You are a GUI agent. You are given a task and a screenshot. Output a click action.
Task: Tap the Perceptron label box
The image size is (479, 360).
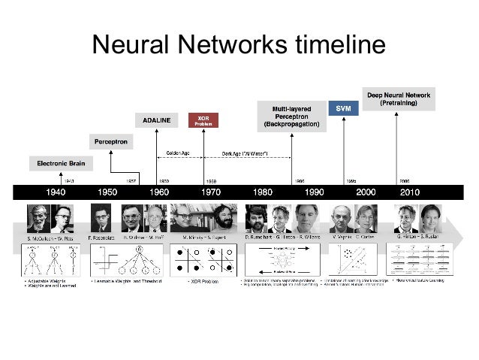click(110, 141)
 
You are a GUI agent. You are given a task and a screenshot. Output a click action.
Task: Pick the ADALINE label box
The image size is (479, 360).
click(156, 119)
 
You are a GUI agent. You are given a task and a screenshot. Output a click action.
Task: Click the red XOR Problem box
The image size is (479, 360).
click(203, 121)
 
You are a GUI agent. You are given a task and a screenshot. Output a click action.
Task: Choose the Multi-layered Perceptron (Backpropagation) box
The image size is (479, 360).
click(292, 116)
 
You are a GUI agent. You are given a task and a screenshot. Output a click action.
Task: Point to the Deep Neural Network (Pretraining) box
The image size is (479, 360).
click(399, 98)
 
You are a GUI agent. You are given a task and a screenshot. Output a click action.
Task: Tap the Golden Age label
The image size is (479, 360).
click(177, 155)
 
